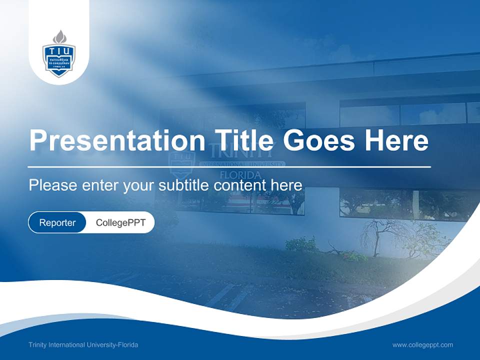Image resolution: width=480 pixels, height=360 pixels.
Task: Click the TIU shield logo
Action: point(59,59)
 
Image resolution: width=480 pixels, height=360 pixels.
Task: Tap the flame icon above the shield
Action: point(59,36)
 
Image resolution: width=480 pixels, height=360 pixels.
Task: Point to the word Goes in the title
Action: point(319,140)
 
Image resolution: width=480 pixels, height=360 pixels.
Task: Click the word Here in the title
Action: point(396,140)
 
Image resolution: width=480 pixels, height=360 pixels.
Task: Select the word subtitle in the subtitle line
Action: point(184,185)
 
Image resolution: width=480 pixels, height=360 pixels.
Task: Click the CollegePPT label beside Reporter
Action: point(120,222)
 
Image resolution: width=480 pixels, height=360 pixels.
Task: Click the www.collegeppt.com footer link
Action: point(422,344)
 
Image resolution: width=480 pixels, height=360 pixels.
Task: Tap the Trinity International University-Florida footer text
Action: point(83,345)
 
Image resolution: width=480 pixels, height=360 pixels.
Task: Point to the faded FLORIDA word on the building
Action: point(240,175)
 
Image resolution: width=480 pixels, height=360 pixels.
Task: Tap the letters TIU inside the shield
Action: point(59,52)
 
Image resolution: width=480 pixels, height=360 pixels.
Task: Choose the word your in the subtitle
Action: point(139,186)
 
